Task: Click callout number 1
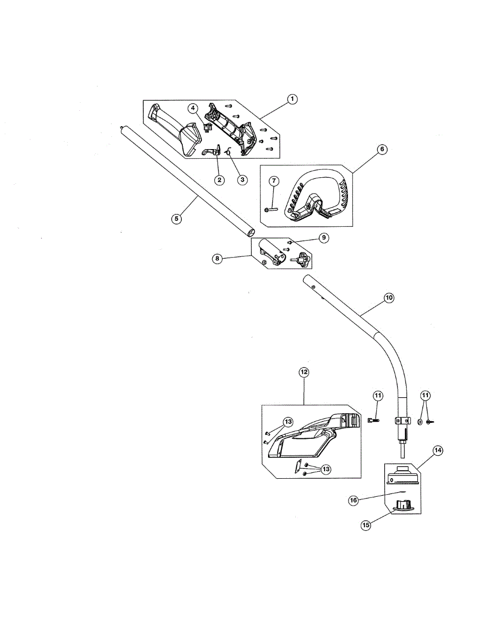291,99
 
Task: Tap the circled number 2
218,179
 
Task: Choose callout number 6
382,150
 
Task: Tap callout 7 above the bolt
274,182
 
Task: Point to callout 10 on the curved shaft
388,298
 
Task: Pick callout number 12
304,372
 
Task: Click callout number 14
438,450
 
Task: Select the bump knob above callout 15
402,505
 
